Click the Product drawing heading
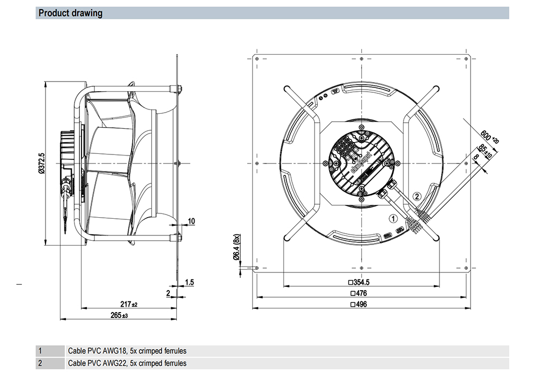[x=70, y=13]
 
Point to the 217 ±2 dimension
[x=128, y=304]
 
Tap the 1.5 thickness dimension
[x=189, y=282]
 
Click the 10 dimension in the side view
[x=191, y=221]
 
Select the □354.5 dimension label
[x=360, y=282]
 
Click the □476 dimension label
[x=360, y=293]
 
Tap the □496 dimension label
[x=360, y=304]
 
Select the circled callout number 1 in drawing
[x=392, y=218]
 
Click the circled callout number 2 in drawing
[x=418, y=196]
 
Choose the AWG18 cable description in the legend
[x=127, y=351]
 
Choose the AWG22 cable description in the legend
[x=127, y=363]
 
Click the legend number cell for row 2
[x=40, y=363]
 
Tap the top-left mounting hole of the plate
[x=258, y=58]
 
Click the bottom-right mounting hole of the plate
[x=466, y=268]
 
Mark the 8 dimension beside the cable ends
[x=476, y=158]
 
